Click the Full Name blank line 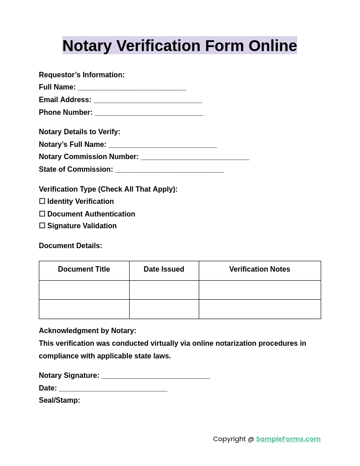[x=132, y=88]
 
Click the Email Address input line [x=148, y=100]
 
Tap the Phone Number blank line [x=149, y=113]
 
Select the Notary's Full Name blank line [x=163, y=145]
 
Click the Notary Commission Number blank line [x=195, y=157]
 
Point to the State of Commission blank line [x=169, y=170]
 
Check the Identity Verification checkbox [x=42, y=201]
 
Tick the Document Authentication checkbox [x=42, y=214]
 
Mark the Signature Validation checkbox [x=42, y=226]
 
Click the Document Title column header [x=84, y=269]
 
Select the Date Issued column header [x=164, y=269]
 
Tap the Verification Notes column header [x=260, y=269]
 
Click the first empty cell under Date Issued [x=164, y=290]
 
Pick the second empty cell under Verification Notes [x=260, y=309]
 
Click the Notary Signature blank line [x=156, y=376]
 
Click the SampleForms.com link [x=288, y=439]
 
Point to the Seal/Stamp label [x=60, y=400]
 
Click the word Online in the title [x=272, y=46]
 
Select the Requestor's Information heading [x=82, y=75]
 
